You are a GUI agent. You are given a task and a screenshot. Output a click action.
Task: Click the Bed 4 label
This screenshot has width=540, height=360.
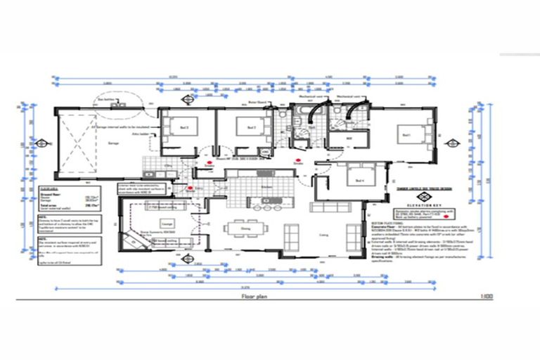click(359, 181)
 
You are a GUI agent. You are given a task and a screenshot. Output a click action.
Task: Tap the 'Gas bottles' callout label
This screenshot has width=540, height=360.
click(105, 100)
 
